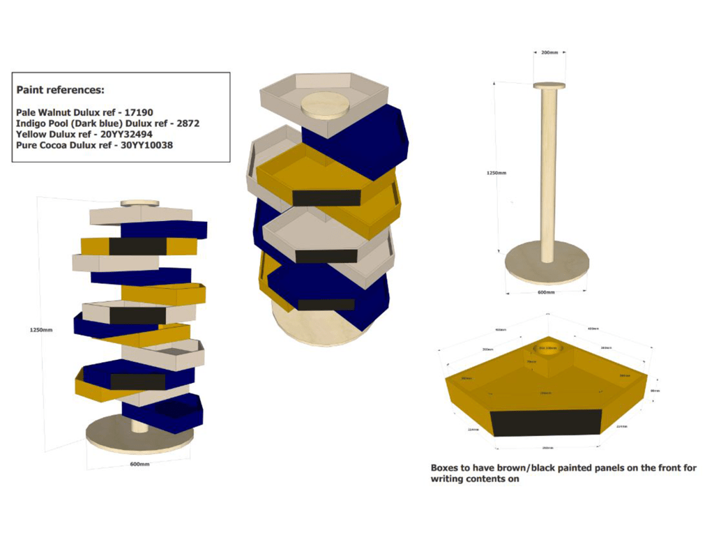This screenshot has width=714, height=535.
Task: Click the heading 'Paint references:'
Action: tap(60, 90)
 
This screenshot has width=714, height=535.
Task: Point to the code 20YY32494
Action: tap(124, 134)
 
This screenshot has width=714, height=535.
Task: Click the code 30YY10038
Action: tap(146, 145)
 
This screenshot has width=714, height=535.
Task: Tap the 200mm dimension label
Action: tap(549, 53)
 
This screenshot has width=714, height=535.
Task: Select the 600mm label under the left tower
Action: tap(139, 464)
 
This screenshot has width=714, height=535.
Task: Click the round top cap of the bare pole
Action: tap(549, 86)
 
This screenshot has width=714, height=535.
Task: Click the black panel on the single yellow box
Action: tap(546, 423)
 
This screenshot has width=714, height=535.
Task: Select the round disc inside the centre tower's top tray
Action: tap(326, 105)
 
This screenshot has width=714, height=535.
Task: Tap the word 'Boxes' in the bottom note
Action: tap(446, 468)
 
